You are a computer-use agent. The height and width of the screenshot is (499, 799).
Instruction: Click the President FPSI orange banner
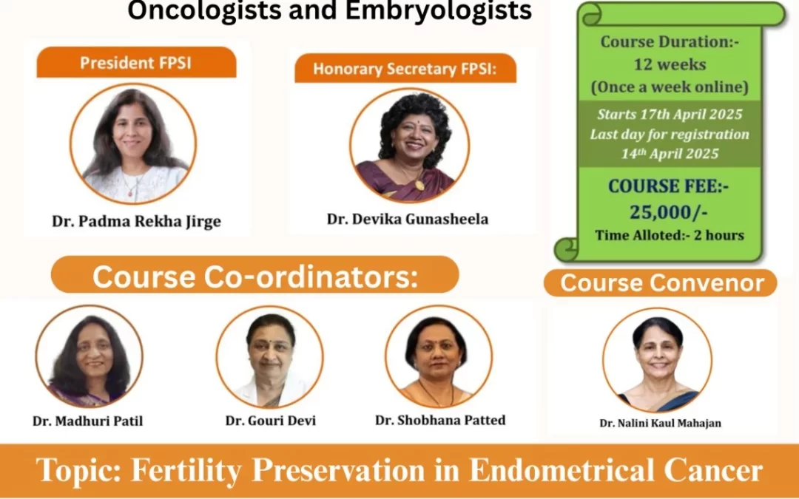[x=135, y=63]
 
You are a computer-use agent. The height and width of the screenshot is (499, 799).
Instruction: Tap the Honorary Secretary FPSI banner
[x=405, y=69]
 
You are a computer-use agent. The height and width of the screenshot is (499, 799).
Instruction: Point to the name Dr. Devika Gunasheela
[x=408, y=219]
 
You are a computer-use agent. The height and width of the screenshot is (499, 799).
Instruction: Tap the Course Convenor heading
[x=661, y=283]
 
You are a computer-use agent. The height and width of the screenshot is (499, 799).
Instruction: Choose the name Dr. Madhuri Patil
[x=88, y=421]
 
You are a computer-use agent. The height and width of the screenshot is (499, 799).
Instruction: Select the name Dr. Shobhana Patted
[x=440, y=420]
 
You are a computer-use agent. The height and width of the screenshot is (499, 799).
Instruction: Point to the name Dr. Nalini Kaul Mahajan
[x=660, y=424]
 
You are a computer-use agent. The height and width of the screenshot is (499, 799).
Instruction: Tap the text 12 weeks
[x=670, y=64]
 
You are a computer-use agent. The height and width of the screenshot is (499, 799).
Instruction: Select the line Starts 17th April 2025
[x=670, y=115]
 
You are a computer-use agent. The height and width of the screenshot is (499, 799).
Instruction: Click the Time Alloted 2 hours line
[x=670, y=236]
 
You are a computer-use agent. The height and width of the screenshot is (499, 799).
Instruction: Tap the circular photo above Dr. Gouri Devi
[x=269, y=356]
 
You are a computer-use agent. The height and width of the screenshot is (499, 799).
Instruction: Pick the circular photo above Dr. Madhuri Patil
[x=90, y=356]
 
